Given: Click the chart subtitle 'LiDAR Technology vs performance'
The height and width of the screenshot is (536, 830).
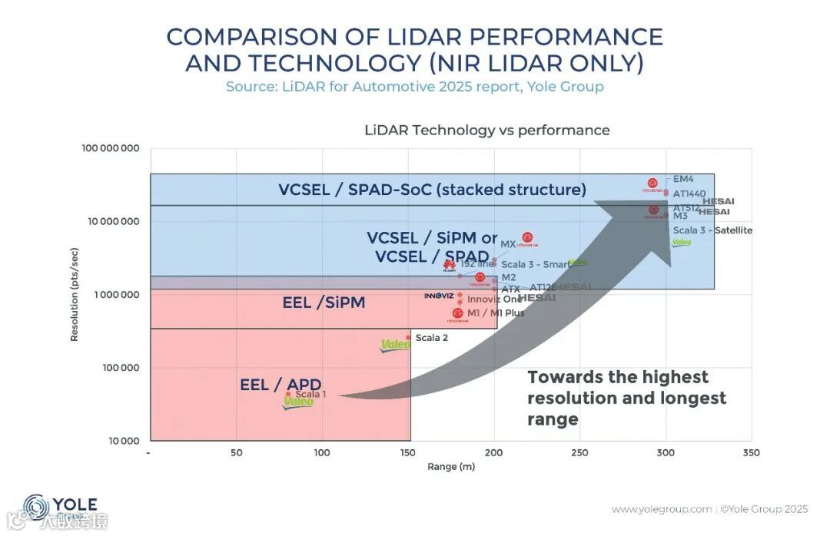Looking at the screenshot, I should [486, 130].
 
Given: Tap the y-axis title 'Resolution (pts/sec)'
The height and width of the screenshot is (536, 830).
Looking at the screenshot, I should [75, 294].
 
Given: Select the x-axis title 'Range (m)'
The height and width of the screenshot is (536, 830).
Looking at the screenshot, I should [450, 467].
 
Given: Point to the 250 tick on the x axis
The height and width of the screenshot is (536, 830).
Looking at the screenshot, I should [580, 452].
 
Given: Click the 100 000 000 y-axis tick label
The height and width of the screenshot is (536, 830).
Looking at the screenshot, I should [111, 147].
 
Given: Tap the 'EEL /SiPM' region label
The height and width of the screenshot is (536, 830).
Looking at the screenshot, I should [324, 303].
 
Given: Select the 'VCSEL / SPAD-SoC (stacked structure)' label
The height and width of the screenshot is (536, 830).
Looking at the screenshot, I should [432, 189].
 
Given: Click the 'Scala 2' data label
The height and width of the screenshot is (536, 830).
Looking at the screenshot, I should [431, 337].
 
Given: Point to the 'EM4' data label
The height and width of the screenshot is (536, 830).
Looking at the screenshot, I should [682, 178].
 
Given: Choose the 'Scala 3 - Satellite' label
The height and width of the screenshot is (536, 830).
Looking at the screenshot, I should [712, 230].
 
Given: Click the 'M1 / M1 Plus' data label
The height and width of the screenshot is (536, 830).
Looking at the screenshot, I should [496, 313].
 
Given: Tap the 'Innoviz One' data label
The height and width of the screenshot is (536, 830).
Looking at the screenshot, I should [494, 299].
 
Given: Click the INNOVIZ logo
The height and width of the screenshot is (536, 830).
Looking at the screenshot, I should [440, 295].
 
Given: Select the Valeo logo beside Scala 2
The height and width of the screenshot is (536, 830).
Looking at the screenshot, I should [396, 345].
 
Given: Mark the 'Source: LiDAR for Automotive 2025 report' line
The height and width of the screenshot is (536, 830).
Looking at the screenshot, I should [415, 86].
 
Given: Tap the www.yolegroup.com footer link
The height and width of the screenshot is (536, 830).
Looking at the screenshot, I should [662, 509].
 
